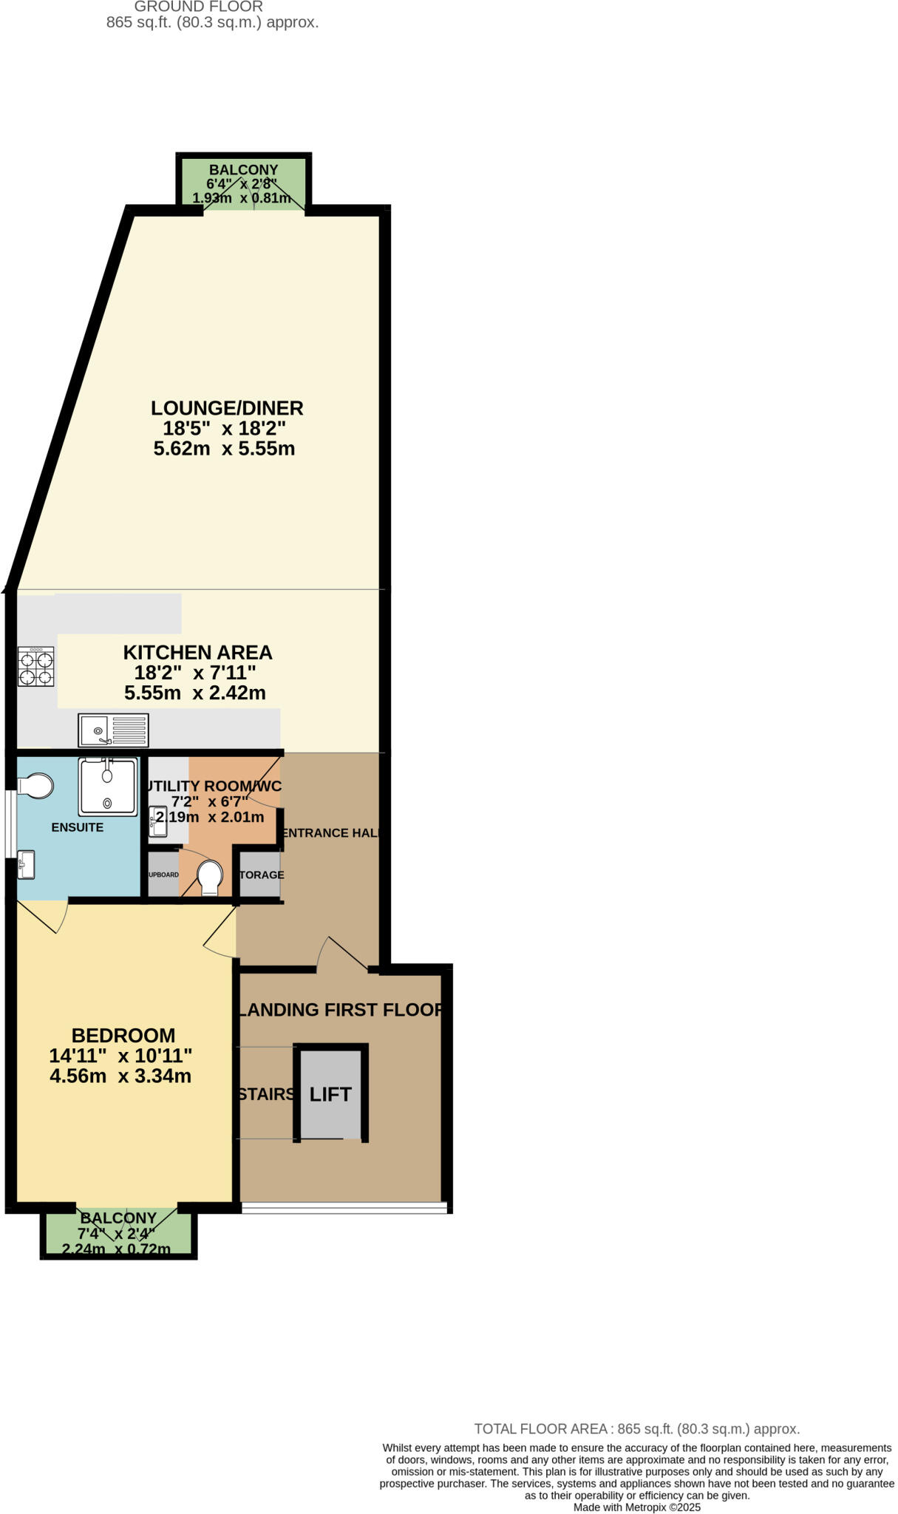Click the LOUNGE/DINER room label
227,408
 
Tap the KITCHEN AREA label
197,653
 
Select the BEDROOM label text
123,1036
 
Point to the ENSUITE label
78,827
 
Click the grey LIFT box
330,1094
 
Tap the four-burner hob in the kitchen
36,668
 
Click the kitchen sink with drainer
113,730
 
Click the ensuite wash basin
26,866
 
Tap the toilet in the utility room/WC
210,877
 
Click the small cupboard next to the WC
163,875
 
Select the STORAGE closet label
261,875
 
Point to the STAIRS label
267,1094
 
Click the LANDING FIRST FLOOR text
341,1010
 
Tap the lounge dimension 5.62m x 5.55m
224,449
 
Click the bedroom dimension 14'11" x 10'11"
120,1056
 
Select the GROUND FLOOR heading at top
199,7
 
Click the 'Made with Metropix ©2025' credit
636,1507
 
